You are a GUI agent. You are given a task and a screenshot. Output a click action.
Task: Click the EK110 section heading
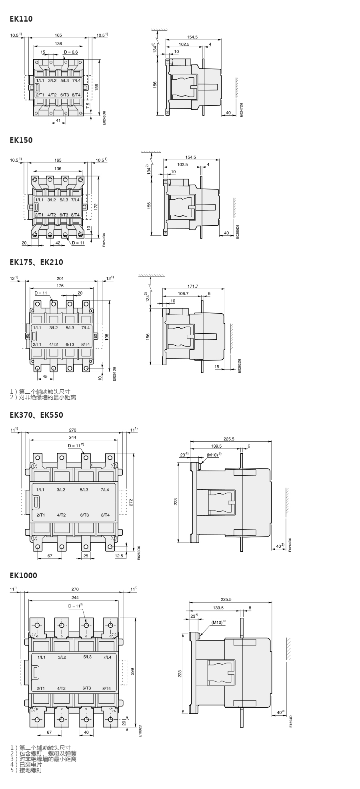(x=21, y=19)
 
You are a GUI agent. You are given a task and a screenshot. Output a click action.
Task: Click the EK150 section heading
(x=21, y=140)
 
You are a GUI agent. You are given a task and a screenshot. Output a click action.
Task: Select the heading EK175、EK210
(x=36, y=262)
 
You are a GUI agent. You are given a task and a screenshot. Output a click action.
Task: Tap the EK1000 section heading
(x=23, y=575)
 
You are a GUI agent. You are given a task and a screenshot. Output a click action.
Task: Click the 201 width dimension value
(x=60, y=278)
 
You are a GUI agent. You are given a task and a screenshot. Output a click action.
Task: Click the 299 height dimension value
(x=132, y=671)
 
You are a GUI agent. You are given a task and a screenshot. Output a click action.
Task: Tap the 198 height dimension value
(x=107, y=337)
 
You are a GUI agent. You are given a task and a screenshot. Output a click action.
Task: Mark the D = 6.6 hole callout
(x=70, y=52)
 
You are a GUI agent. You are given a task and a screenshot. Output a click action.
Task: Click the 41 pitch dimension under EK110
(x=58, y=120)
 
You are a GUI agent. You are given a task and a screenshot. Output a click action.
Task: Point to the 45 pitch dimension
(x=45, y=376)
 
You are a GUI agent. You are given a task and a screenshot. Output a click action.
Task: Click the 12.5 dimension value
(x=119, y=556)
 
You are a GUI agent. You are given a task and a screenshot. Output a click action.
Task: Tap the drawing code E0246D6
(x=104, y=118)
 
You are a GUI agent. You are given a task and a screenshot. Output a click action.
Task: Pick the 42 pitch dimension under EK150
(x=58, y=242)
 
